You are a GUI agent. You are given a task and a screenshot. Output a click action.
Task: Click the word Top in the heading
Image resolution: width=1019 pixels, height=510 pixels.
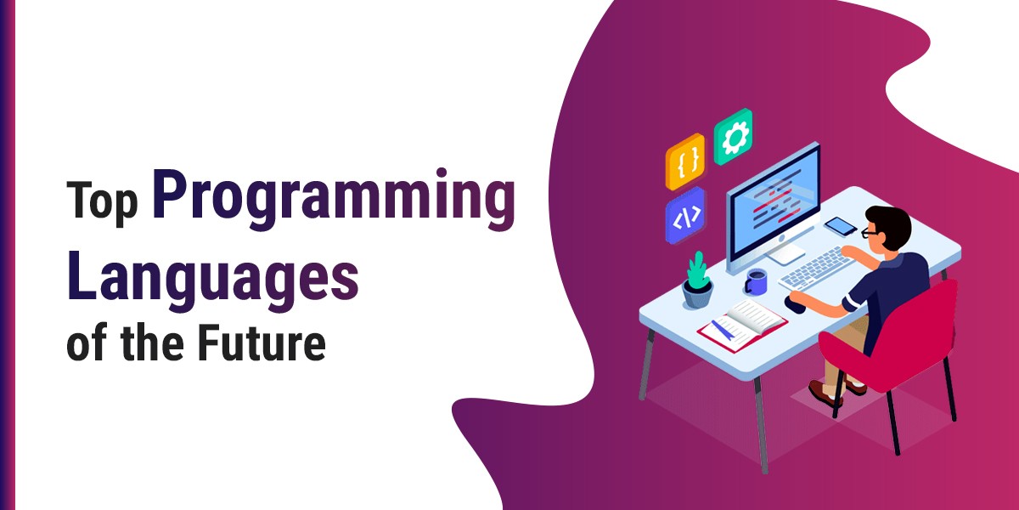102,201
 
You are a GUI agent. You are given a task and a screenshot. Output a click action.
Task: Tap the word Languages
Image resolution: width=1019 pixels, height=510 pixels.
213,280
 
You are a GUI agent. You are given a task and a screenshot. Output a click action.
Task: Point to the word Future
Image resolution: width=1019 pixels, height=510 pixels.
262,343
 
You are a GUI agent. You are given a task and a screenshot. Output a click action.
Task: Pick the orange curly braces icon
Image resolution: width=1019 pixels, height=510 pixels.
685,161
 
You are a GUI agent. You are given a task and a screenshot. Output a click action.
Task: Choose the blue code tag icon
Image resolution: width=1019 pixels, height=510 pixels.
685,215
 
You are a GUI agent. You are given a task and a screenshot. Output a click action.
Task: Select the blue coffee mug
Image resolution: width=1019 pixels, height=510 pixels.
756,281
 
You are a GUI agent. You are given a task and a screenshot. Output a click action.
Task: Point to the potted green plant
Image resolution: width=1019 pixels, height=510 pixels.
698,280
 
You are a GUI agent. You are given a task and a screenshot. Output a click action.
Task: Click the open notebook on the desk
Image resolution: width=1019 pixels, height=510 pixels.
742,325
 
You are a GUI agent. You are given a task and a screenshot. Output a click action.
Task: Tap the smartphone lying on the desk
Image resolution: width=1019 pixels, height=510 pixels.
841,226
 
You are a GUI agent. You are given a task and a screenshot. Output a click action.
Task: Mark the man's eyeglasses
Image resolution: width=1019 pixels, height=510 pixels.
870,233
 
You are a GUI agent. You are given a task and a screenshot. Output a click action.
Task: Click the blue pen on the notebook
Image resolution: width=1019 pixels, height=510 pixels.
723,330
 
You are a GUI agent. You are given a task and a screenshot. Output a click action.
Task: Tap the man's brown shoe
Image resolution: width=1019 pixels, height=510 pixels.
825,394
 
